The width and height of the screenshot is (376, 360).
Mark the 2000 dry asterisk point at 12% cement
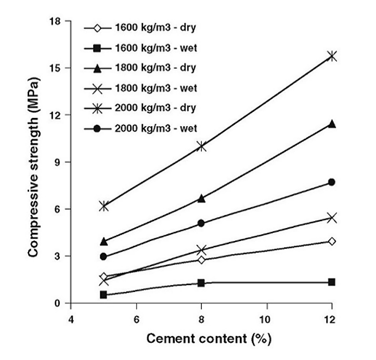pyautogui.click(x=331, y=56)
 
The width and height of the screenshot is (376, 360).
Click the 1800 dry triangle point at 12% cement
pyautogui.click(x=331, y=124)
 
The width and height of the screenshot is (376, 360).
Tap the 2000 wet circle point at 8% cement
pyautogui.click(x=201, y=223)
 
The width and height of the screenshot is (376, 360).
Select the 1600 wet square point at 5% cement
pyautogui.click(x=103, y=295)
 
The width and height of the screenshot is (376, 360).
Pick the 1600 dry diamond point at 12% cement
pyautogui.click(x=331, y=241)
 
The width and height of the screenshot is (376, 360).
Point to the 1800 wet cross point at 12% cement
pyautogui.click(x=331, y=218)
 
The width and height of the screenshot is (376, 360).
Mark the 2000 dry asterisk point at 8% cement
pyautogui.click(x=201, y=146)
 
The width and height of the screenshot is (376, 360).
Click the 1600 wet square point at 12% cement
pyautogui.click(x=331, y=282)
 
